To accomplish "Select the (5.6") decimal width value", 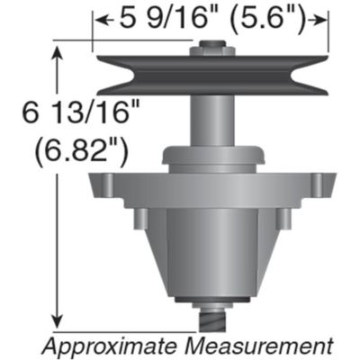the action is [x=268, y=20].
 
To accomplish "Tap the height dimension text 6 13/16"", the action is [x=82, y=112].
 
